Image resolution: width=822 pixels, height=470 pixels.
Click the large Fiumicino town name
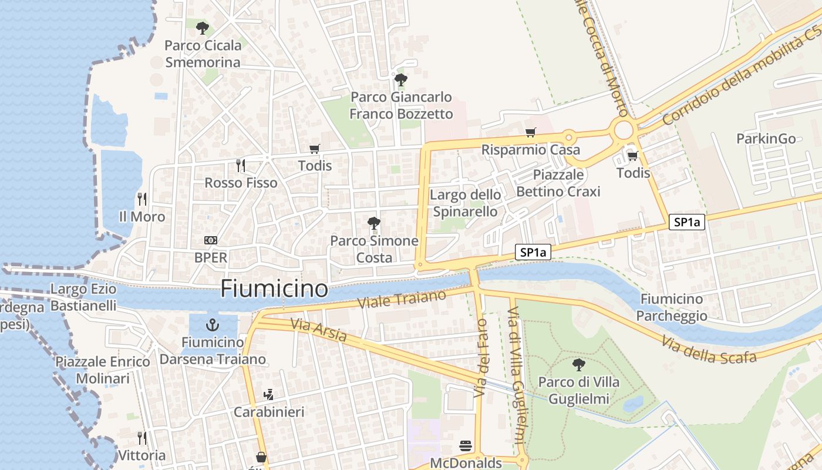pyautogui.click(x=274, y=289)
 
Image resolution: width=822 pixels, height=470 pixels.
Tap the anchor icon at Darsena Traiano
pyautogui.click(x=213, y=325)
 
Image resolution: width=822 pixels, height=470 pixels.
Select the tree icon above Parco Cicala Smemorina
pyautogui.click(x=202, y=28)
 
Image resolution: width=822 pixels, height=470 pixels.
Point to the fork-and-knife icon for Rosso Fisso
pyautogui.click(x=240, y=165)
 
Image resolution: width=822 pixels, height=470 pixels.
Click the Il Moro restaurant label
pyautogui.click(x=142, y=217)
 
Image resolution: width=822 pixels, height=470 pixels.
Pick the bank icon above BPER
pyautogui.click(x=210, y=240)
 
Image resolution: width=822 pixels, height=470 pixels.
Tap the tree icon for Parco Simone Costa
pyautogui.click(x=373, y=223)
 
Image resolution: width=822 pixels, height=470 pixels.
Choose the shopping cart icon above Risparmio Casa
pyautogui.click(x=531, y=133)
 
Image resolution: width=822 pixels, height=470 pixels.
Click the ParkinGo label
pyautogui.click(x=766, y=139)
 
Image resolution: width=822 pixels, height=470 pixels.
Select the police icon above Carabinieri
pyautogui.click(x=269, y=394)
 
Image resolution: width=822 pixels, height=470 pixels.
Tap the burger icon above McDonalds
pyautogui.click(x=466, y=446)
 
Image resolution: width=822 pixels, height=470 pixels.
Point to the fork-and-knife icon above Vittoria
pyautogui.click(x=142, y=438)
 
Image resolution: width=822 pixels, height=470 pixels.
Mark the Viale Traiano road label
pyautogui.click(x=402, y=300)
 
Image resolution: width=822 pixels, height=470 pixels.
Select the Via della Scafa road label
pyautogui.click(x=708, y=350)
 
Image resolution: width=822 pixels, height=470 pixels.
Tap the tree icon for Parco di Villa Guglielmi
pyautogui.click(x=578, y=365)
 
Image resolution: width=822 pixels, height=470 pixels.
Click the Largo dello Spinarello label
pyautogui.click(x=466, y=203)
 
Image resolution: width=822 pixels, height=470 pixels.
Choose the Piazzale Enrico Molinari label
pyautogui.click(x=103, y=370)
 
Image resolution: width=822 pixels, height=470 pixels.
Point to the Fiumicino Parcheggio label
pyautogui.click(x=672, y=307)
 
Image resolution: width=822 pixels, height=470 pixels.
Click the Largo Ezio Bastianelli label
pyautogui.click(x=83, y=297)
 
